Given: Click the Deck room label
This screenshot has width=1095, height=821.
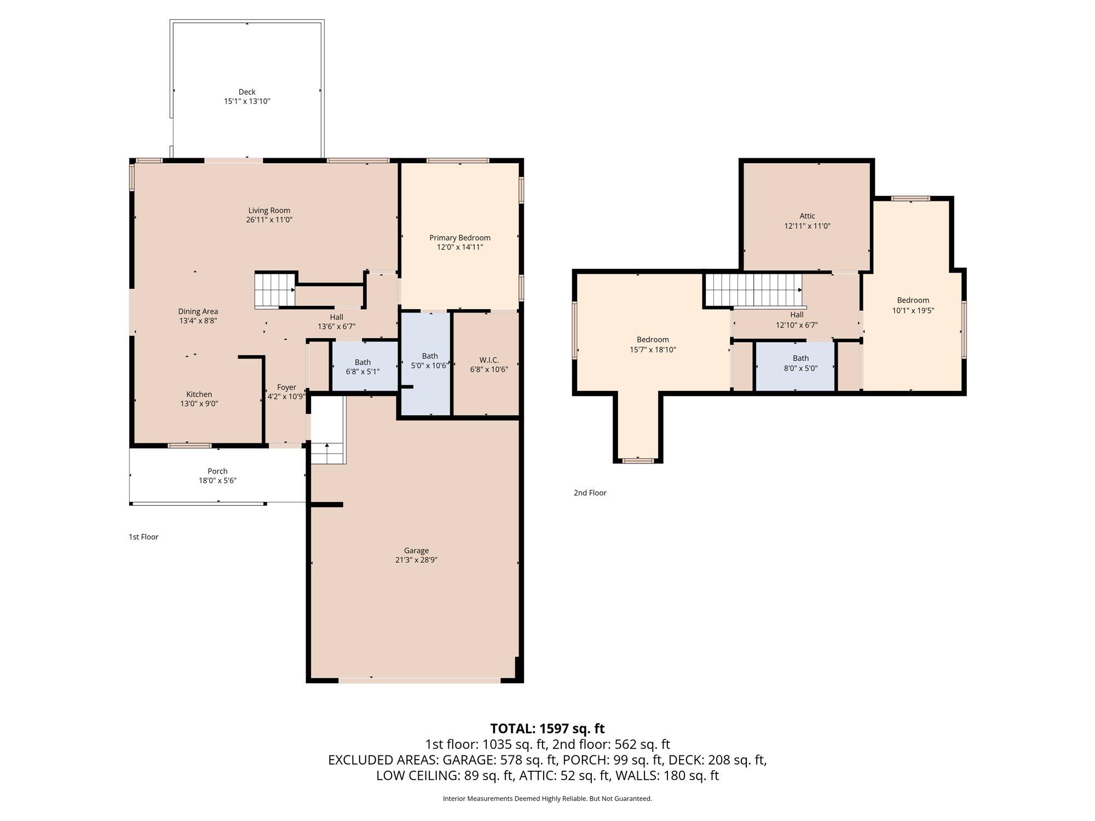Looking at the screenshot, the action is pos(247,92).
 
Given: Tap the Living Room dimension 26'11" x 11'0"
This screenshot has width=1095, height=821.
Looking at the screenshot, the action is pos(269,220).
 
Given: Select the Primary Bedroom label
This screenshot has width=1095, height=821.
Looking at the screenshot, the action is pos(460,238).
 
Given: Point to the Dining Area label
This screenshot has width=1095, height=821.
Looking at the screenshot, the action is pos(198,311).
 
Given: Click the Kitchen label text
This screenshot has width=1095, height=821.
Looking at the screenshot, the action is pos(199,394).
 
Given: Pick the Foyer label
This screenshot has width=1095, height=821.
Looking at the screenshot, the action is pos(286,387).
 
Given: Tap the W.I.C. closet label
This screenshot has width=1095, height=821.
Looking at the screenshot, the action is pos(489,360).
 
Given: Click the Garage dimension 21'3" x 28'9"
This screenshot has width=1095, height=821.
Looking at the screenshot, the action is pos(417,560).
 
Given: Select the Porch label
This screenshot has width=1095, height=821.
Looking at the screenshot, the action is pos(217,471).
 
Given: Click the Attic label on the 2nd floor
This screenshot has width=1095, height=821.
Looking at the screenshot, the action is pos(808,216).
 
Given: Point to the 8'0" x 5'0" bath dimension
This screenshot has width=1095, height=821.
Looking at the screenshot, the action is pos(801,368).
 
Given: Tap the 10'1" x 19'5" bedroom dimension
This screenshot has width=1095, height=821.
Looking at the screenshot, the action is pos(913,310).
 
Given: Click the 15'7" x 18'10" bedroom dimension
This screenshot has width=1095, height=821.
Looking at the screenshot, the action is pos(653,350).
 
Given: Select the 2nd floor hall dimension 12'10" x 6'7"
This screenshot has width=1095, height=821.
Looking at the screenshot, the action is pos(797,325).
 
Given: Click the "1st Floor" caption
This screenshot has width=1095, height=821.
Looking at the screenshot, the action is pos(143,537).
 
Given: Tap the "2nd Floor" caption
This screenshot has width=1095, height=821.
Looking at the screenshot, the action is pos(590,493).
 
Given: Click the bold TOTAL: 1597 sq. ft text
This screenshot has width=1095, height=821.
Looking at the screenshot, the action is pos(547,729).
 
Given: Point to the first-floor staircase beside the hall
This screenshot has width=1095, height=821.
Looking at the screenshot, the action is pos(275,290).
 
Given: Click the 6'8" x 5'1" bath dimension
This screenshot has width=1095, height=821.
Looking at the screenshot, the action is pos(363,372).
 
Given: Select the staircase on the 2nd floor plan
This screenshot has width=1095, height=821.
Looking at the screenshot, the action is pos(753,291).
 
